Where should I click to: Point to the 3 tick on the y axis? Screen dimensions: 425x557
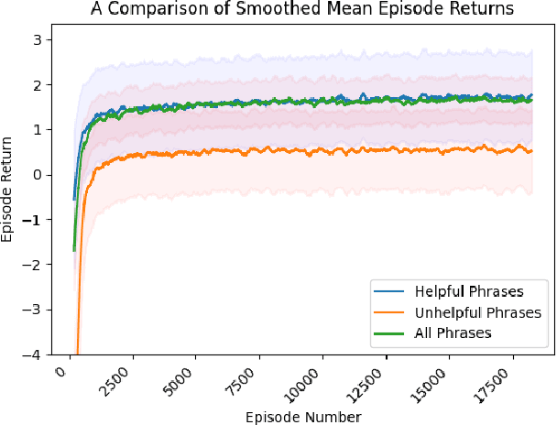tap(37, 39)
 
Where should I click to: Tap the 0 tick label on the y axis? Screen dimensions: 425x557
tap(37, 175)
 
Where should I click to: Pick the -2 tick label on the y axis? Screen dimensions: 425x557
tap(33, 265)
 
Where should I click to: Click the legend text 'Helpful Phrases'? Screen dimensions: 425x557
tap(468, 292)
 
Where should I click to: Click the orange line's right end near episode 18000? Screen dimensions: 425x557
tap(530, 151)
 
